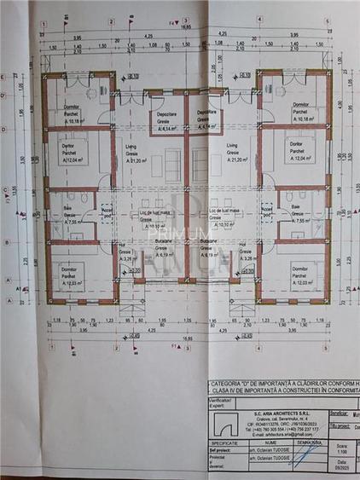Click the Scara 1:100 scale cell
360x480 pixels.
(x=342, y=448)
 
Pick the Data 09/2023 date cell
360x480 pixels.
(x=342, y=466)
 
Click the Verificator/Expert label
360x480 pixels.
(x=220, y=401)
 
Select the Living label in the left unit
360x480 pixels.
(x=131, y=150)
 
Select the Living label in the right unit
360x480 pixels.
(x=231, y=150)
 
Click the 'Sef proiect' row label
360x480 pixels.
(x=220, y=452)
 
